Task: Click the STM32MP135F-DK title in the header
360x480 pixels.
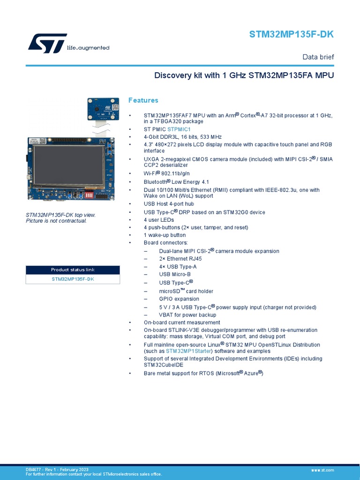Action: pos(291,35)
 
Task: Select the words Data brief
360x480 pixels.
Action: pos(318,57)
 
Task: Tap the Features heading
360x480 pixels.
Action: pos(143,100)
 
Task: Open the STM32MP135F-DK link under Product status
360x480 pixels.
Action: pos(73,279)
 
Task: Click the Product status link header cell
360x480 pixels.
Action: pos(73,270)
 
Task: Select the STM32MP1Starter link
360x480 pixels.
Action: pos(189,351)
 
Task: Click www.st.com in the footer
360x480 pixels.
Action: pos(322,470)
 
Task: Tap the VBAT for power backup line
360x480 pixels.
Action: pos(187,315)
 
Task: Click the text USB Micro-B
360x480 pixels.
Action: pos(174,274)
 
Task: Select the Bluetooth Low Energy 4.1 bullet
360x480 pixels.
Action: pos(176,182)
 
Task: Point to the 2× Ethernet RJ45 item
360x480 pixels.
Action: pos(180,259)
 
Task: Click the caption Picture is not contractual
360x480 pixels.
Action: pos(56,221)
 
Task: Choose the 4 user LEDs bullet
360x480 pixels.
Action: pos(159,220)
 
